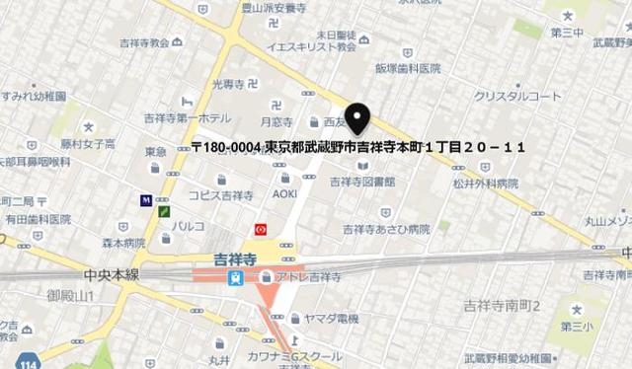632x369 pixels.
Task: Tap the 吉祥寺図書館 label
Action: pos(362,182)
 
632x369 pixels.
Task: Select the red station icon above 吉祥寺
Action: pos(260,228)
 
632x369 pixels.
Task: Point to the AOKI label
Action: pos(284,193)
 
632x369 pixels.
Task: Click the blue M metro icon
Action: pos(147,200)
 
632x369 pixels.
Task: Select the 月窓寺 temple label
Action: pos(276,122)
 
